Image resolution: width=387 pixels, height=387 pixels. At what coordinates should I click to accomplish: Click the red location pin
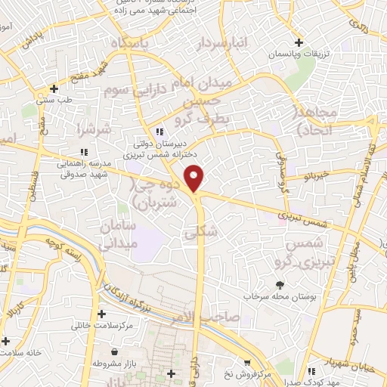pyautogui.click(x=195, y=178)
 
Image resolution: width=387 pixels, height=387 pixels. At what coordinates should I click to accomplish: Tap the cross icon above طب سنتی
pyautogui.click(x=53, y=88)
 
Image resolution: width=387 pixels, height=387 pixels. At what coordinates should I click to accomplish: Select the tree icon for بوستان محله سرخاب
pyautogui.click(x=280, y=285)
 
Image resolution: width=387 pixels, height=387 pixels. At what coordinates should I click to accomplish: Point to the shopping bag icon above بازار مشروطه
pyautogui.click(x=114, y=351)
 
